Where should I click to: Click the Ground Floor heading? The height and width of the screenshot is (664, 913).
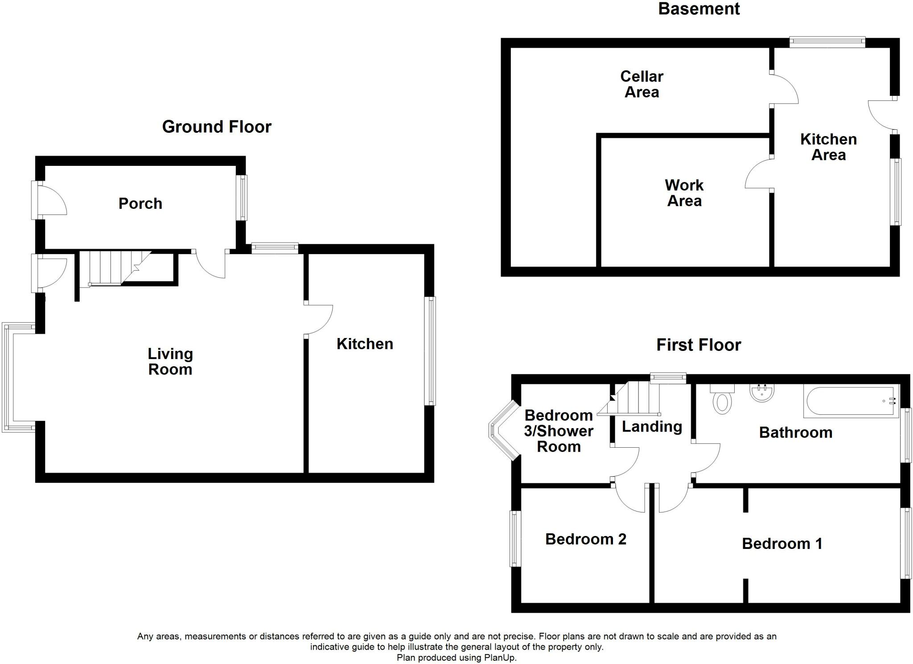(217, 127)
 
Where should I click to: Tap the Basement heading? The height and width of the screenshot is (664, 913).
(699, 9)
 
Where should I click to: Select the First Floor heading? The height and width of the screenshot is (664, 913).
(699, 345)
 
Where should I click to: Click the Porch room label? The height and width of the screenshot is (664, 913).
(140, 203)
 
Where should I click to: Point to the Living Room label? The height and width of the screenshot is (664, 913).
(170, 362)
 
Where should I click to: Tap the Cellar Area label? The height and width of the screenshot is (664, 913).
(642, 84)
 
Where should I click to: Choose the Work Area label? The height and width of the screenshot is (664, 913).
(684, 193)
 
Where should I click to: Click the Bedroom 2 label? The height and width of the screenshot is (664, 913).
(586, 539)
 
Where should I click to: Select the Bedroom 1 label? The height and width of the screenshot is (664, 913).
(782, 544)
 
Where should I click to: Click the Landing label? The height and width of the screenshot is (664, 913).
(652, 427)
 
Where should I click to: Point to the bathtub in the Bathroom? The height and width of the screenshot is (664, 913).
(851, 401)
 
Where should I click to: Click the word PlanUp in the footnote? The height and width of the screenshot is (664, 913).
(500, 657)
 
